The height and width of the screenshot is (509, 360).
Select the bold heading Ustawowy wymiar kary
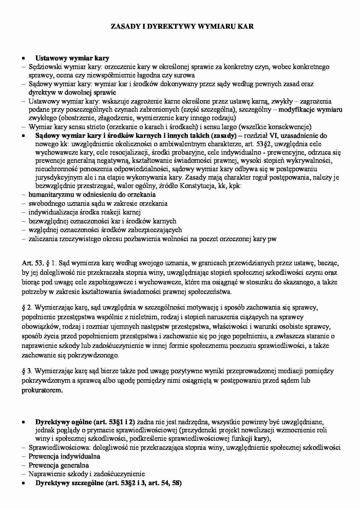point(72,58)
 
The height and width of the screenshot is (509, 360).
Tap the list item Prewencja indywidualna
point(64,456)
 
